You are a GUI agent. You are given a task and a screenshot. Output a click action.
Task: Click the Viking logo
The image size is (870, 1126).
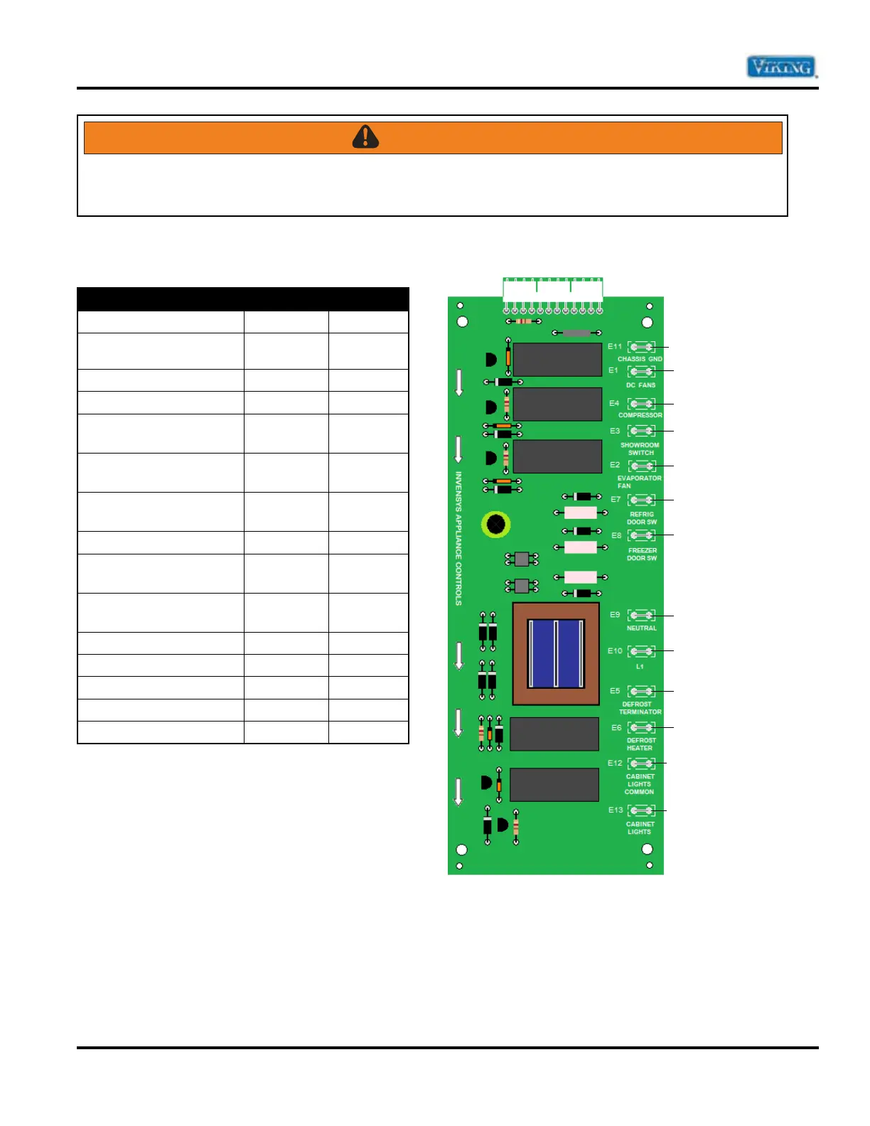click(780, 68)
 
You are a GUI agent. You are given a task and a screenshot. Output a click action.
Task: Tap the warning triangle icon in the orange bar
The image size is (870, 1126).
click(365, 136)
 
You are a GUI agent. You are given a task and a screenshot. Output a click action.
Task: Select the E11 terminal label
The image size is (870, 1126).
click(614, 347)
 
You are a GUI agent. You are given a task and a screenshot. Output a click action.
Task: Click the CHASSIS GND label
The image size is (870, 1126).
click(640, 359)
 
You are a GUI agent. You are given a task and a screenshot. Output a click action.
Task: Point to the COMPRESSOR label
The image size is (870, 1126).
click(640, 415)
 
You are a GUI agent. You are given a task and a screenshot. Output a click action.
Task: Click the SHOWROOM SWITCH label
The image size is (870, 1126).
click(640, 449)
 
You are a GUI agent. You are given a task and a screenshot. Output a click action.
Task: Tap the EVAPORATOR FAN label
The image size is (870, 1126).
click(639, 482)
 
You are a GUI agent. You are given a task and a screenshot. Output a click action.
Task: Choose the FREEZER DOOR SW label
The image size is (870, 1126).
click(642, 554)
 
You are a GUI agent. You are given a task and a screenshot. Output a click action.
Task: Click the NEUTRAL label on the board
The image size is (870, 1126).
click(641, 628)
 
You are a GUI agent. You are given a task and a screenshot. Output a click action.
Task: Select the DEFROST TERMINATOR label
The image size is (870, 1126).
click(640, 708)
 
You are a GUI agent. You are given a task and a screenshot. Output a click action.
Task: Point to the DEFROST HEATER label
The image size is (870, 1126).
click(640, 744)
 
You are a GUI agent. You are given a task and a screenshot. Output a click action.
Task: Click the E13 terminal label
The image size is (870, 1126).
click(616, 810)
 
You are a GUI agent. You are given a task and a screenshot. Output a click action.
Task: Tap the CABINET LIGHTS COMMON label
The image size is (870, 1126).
click(640, 784)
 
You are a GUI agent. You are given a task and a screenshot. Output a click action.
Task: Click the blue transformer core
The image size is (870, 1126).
click(556, 653)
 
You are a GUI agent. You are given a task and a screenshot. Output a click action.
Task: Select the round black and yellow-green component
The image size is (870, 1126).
click(496, 525)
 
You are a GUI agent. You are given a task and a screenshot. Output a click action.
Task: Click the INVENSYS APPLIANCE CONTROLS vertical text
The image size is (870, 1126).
click(458, 538)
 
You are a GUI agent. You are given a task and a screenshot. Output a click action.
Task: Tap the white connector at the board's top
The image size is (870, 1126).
click(553, 291)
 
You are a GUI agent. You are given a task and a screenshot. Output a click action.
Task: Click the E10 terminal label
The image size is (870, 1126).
click(615, 650)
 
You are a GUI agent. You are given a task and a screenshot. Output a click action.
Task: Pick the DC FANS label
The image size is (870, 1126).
click(640, 385)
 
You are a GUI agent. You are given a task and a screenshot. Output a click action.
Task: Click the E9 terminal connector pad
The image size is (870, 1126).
click(641, 615)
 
